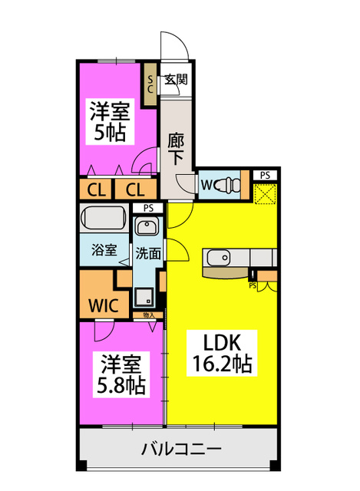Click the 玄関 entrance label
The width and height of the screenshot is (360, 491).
(x=176, y=80)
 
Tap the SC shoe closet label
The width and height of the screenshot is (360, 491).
(x=150, y=84)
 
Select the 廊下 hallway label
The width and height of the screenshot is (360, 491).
(x=176, y=149)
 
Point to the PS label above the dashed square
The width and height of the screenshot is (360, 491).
(x=265, y=176)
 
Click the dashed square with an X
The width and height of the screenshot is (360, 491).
(x=265, y=194)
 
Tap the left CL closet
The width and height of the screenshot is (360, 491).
(x=95, y=189)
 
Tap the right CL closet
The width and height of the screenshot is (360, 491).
(x=135, y=189)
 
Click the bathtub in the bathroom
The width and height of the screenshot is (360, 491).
(x=104, y=218)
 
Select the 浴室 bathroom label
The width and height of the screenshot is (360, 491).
(x=104, y=250)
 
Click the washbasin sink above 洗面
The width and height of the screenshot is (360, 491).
(x=147, y=227)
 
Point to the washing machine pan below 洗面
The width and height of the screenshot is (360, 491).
(x=144, y=297)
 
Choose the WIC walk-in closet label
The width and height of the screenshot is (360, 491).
(x=104, y=306)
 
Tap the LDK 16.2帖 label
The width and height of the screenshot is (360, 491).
(x=222, y=353)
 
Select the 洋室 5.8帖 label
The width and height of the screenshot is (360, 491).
(x=121, y=375)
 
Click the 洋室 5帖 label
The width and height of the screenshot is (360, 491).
(x=110, y=121)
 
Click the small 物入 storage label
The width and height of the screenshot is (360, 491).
(x=148, y=315)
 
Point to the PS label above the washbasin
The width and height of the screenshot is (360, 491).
(x=148, y=208)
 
